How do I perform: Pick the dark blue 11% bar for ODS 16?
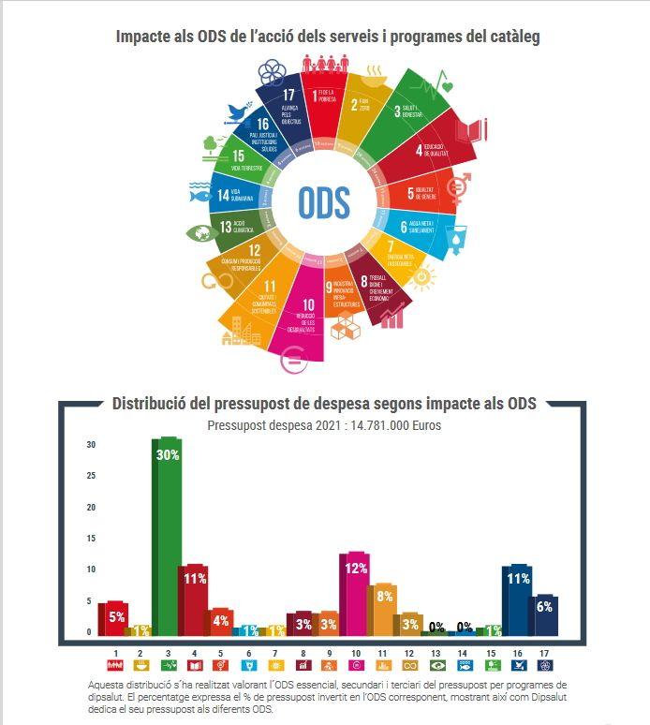[516, 599]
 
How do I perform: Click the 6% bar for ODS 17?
[544, 614]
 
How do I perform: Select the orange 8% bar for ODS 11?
[383, 609]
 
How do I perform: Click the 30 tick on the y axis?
[90, 445]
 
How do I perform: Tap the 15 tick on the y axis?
[90, 539]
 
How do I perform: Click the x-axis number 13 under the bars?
[436, 652]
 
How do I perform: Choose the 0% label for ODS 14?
[464, 628]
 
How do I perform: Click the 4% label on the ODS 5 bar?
[221, 620]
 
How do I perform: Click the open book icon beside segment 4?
[475, 128]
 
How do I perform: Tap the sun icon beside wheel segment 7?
[423, 277]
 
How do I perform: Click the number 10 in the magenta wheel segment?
[307, 304]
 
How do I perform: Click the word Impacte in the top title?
[146, 37]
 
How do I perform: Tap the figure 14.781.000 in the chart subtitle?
[381, 424]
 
